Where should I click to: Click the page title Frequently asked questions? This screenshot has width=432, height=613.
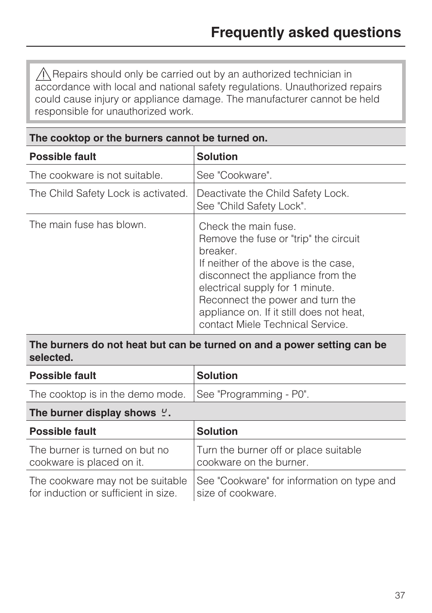(306, 33)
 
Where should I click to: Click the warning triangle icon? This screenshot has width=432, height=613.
(43, 74)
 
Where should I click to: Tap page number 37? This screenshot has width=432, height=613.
(399, 595)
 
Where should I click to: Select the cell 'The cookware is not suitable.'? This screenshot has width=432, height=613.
(96, 175)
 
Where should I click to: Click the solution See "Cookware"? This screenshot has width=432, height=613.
(234, 175)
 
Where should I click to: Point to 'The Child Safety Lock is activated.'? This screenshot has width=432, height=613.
(108, 194)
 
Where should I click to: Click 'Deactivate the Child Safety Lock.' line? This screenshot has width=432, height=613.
(273, 194)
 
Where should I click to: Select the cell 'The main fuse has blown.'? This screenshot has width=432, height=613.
(88, 225)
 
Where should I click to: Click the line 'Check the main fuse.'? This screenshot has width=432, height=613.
(247, 227)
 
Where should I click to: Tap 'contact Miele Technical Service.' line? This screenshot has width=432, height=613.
(274, 325)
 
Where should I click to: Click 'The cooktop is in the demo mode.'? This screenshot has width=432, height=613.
(107, 394)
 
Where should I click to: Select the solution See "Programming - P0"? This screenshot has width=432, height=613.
(253, 394)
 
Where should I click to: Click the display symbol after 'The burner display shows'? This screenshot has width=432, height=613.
(164, 413)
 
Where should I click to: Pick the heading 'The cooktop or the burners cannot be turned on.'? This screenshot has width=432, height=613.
(149, 138)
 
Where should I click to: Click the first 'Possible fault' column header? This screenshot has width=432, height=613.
(63, 157)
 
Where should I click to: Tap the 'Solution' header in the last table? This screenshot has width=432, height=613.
(217, 432)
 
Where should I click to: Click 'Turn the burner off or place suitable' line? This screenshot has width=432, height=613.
(279, 450)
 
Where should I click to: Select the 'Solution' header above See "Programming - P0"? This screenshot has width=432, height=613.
(217, 376)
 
